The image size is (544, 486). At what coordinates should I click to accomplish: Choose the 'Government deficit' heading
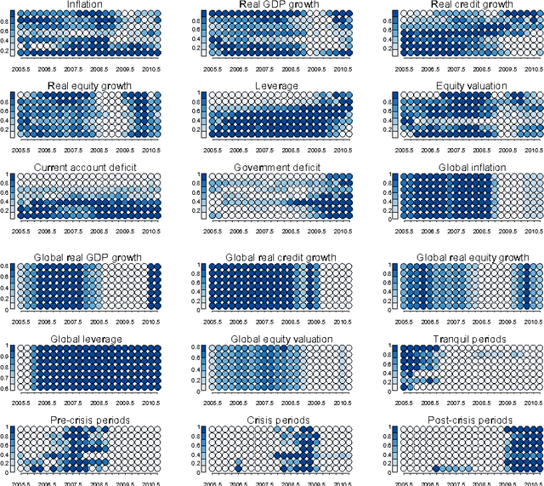276,168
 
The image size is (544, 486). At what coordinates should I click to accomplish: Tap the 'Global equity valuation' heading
276,340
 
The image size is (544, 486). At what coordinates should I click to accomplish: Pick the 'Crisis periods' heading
276,420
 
